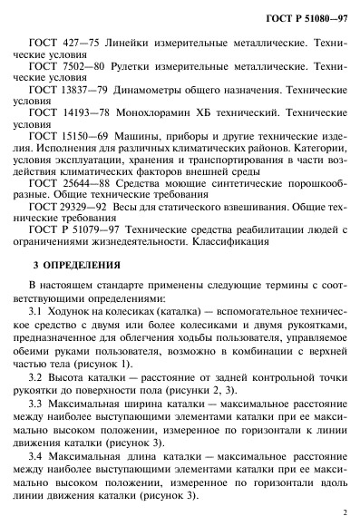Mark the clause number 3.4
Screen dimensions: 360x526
(50, 453)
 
